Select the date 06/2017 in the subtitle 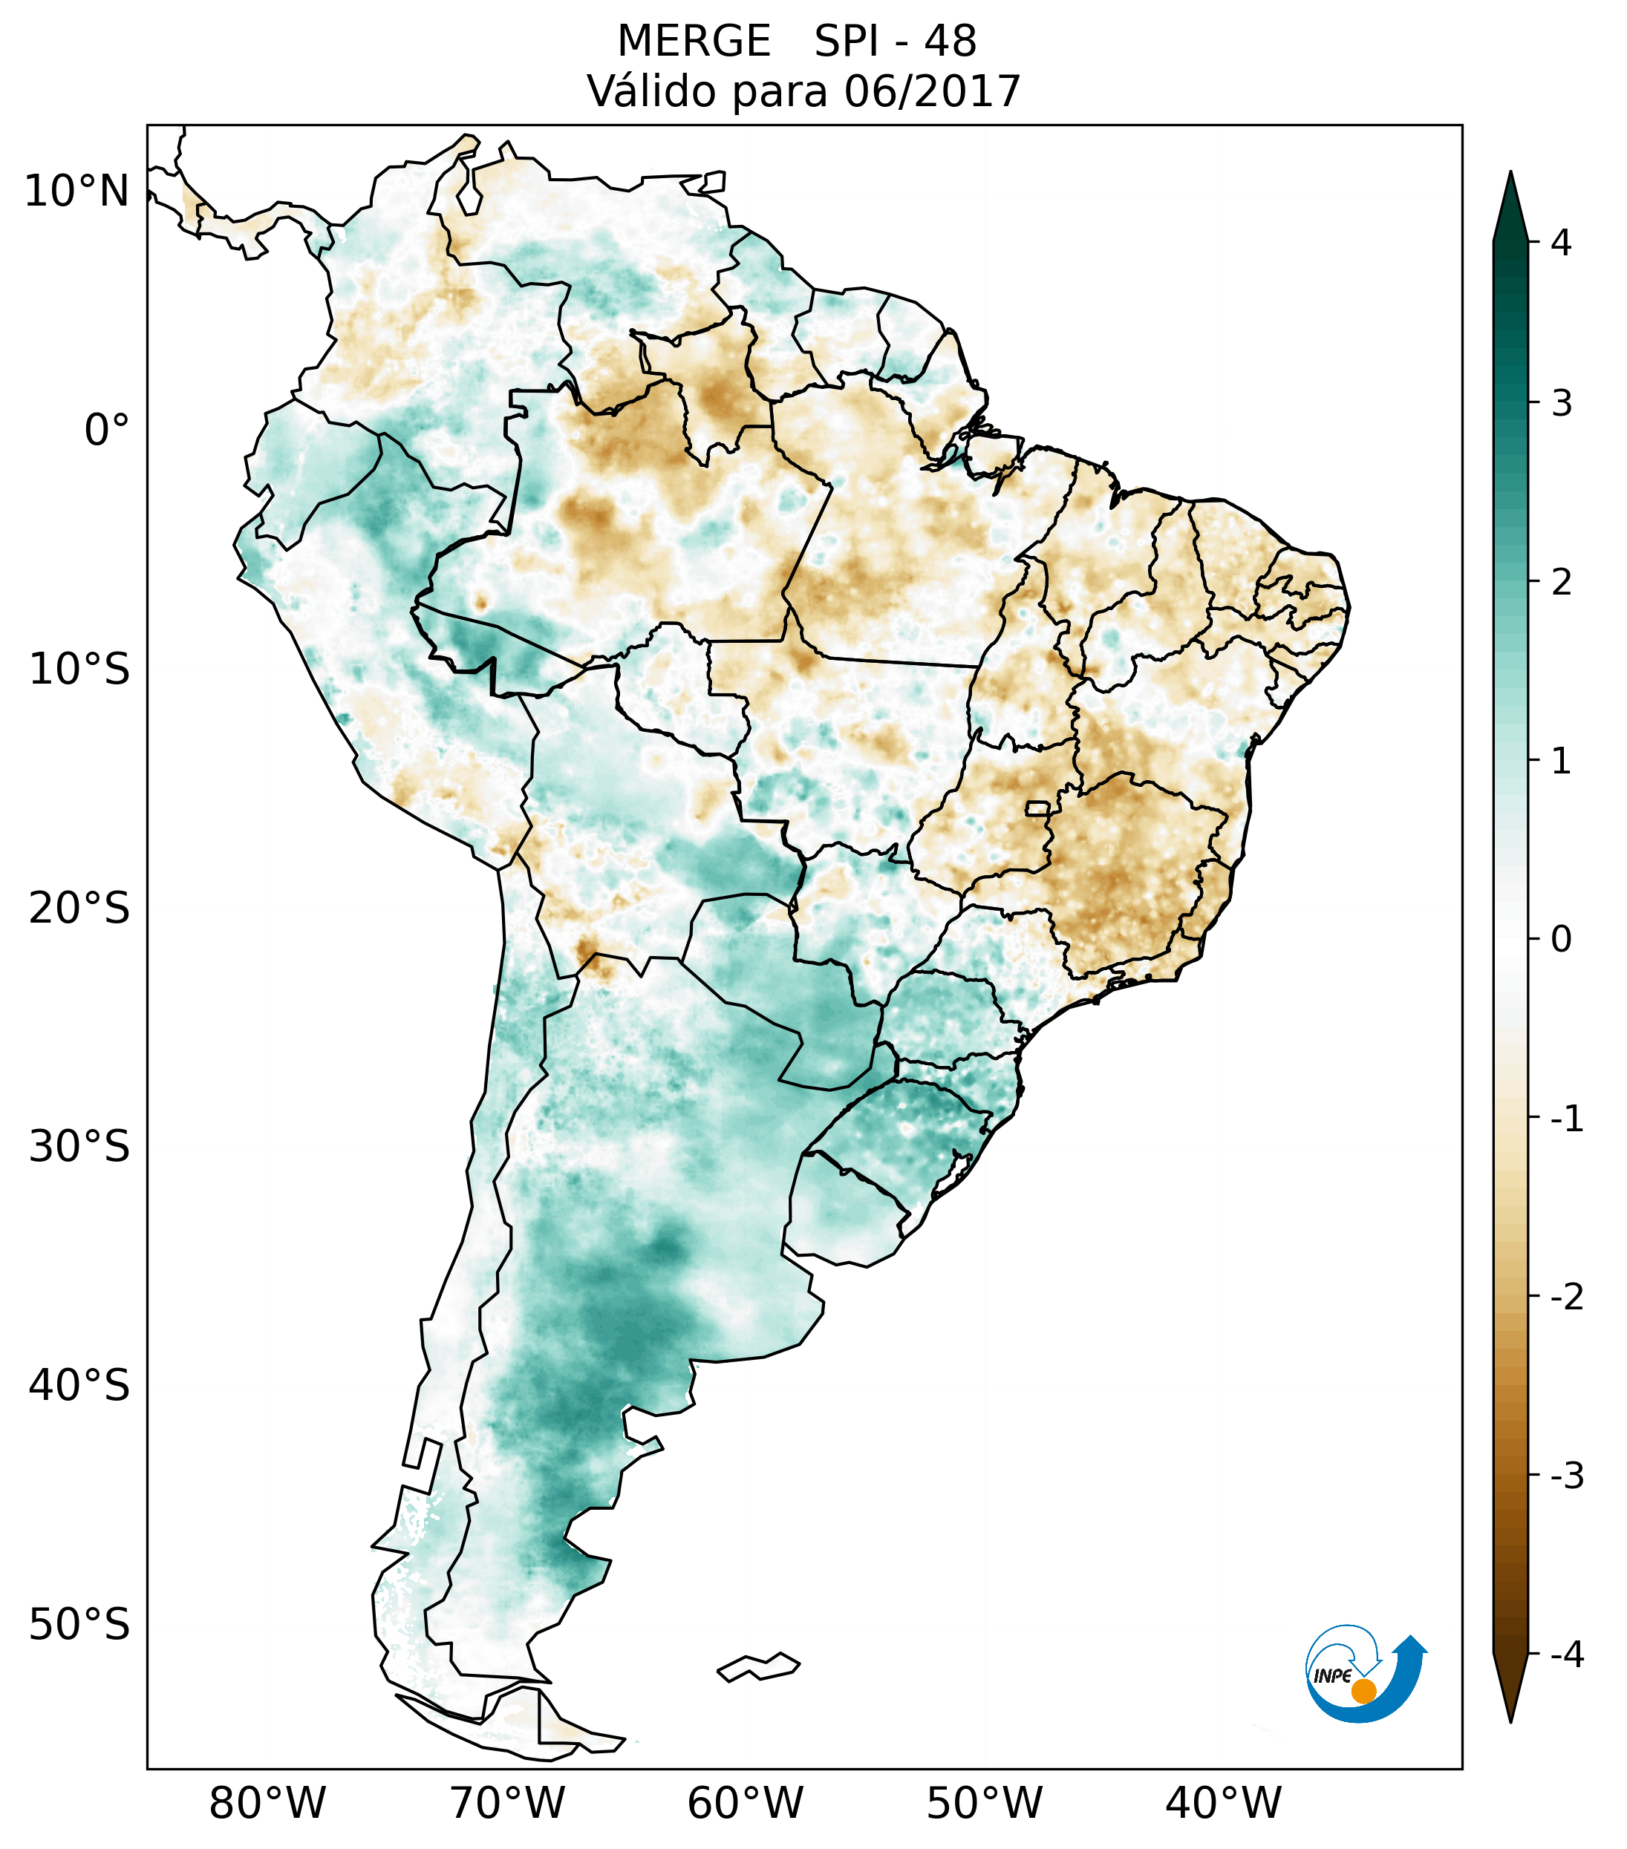pyautogui.click(x=932, y=92)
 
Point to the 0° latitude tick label pyautogui.click(x=107, y=431)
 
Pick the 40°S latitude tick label pyautogui.click(x=79, y=1386)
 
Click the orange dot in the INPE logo pyautogui.click(x=1363, y=1691)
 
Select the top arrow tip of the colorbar pyautogui.click(x=1510, y=174)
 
